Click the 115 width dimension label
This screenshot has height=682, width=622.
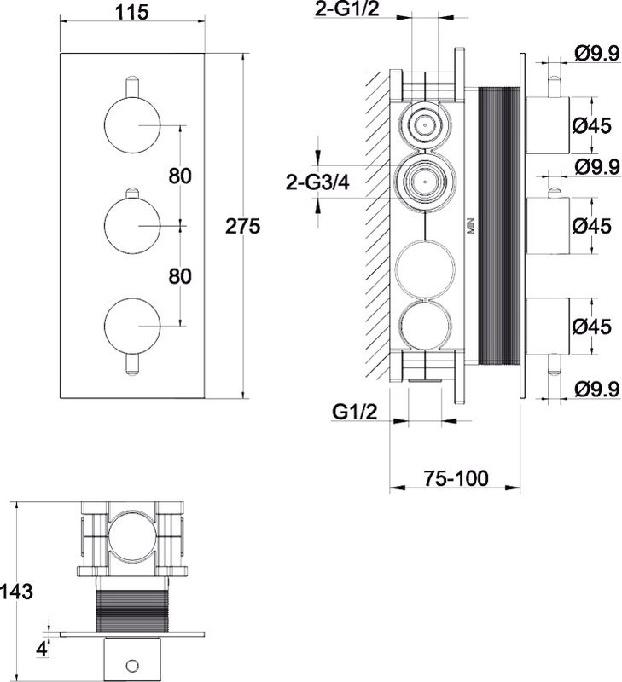(131, 12)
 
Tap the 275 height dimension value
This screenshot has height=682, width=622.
(242, 226)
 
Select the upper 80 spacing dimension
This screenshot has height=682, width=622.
(180, 176)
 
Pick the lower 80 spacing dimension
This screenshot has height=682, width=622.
(180, 276)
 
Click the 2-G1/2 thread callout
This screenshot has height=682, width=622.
(347, 9)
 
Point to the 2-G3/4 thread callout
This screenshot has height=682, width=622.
(317, 182)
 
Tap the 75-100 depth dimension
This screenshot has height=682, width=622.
(456, 478)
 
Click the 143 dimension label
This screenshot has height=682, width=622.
(16, 592)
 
